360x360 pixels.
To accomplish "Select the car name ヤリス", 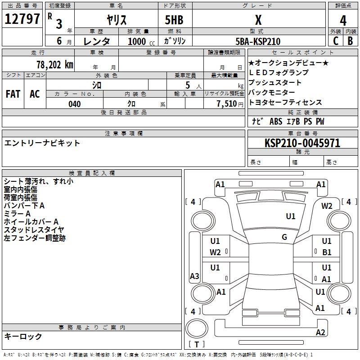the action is pos(116,20).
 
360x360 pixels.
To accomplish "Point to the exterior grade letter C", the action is pos(336,40).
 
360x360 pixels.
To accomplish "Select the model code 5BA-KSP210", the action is pos(258,41).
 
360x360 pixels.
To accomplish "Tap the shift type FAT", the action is pos(13,94).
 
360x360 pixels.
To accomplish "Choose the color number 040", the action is pos(74,104).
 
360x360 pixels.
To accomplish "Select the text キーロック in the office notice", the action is pos(23,337).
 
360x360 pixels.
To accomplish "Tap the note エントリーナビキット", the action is pos(42,143).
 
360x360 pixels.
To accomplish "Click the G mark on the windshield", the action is pos(284,237).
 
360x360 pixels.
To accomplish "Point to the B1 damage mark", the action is pos(327,252).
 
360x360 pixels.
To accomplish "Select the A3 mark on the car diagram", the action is pos(194,276).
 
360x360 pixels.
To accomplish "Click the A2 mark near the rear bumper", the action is pos(320,332).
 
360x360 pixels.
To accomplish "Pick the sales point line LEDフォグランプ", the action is pos(279,72).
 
